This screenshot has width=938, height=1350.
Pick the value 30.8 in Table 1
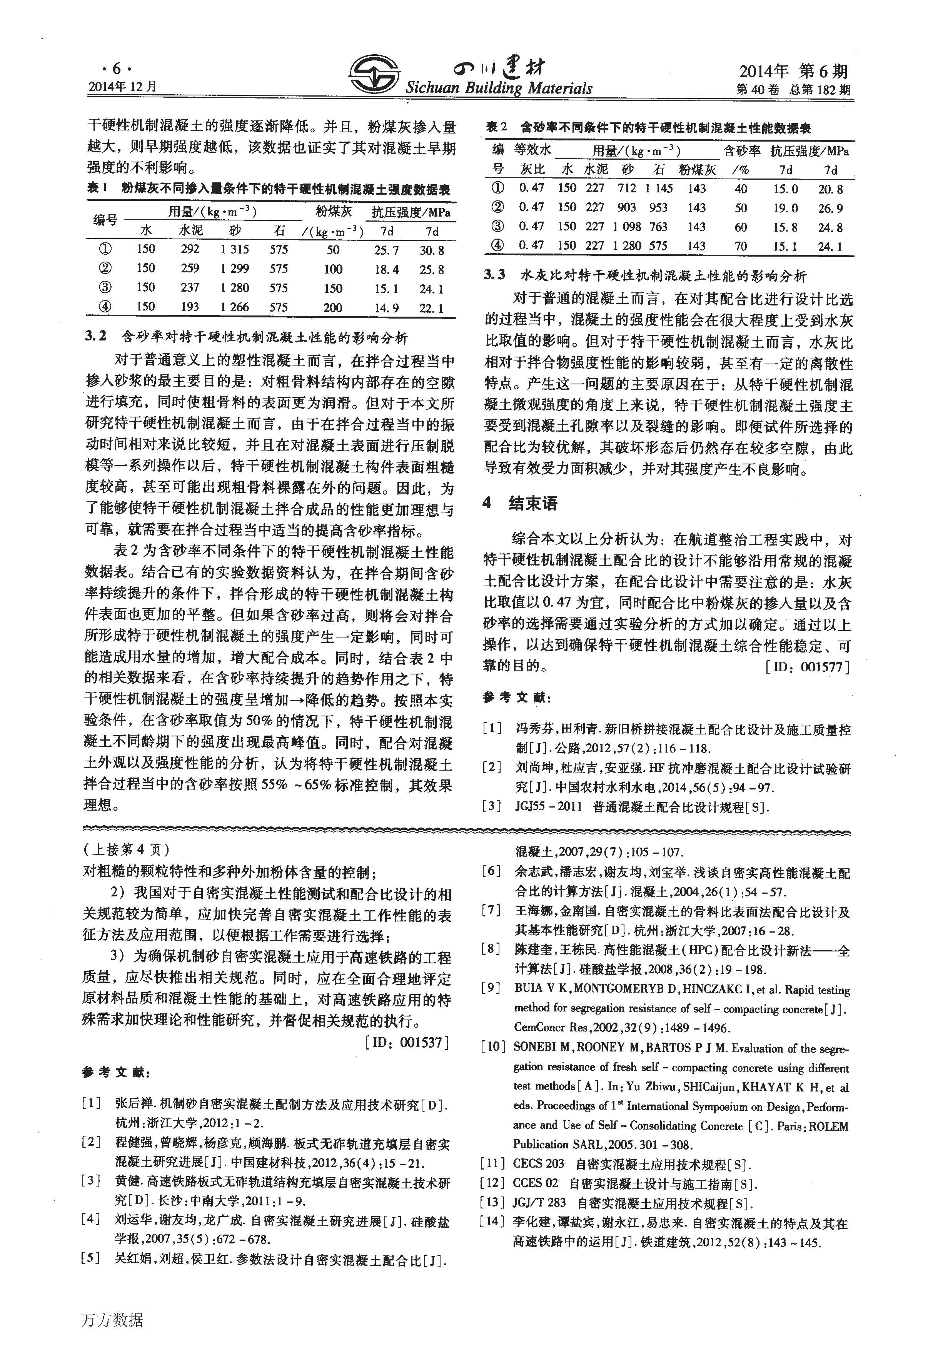pos(432,250)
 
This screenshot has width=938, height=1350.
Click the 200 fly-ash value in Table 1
pos(333,307)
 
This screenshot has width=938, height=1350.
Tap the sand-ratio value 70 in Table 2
pos(741,246)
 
